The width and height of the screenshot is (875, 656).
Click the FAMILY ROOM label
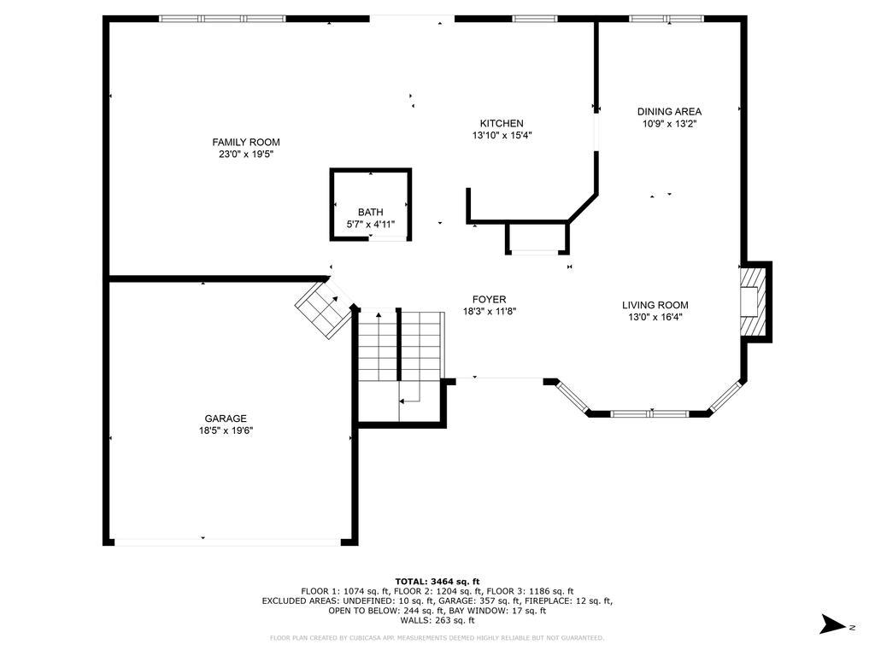[245, 143]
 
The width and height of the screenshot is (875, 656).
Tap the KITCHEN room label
[502, 123]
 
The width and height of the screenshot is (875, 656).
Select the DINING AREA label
[669, 112]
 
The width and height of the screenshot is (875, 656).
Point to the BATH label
[371, 212]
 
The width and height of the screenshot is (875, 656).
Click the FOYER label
[490, 300]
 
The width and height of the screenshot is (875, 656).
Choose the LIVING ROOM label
[655, 305]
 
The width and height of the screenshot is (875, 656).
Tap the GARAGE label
[226, 419]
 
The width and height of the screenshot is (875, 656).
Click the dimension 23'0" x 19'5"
[245, 155]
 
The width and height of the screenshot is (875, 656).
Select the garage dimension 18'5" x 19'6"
[226, 430]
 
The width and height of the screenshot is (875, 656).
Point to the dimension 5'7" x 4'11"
[371, 225]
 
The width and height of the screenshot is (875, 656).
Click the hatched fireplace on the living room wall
[752, 302]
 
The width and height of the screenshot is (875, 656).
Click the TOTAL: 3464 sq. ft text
[437, 581]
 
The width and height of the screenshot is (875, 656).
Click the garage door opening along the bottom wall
[227, 541]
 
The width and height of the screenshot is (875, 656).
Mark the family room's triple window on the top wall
[222, 19]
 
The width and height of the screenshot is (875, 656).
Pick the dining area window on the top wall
[667, 19]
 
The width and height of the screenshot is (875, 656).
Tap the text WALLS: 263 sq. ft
[437, 620]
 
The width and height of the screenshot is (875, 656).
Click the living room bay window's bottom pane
[650, 413]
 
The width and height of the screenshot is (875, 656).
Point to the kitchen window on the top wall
[535, 19]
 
